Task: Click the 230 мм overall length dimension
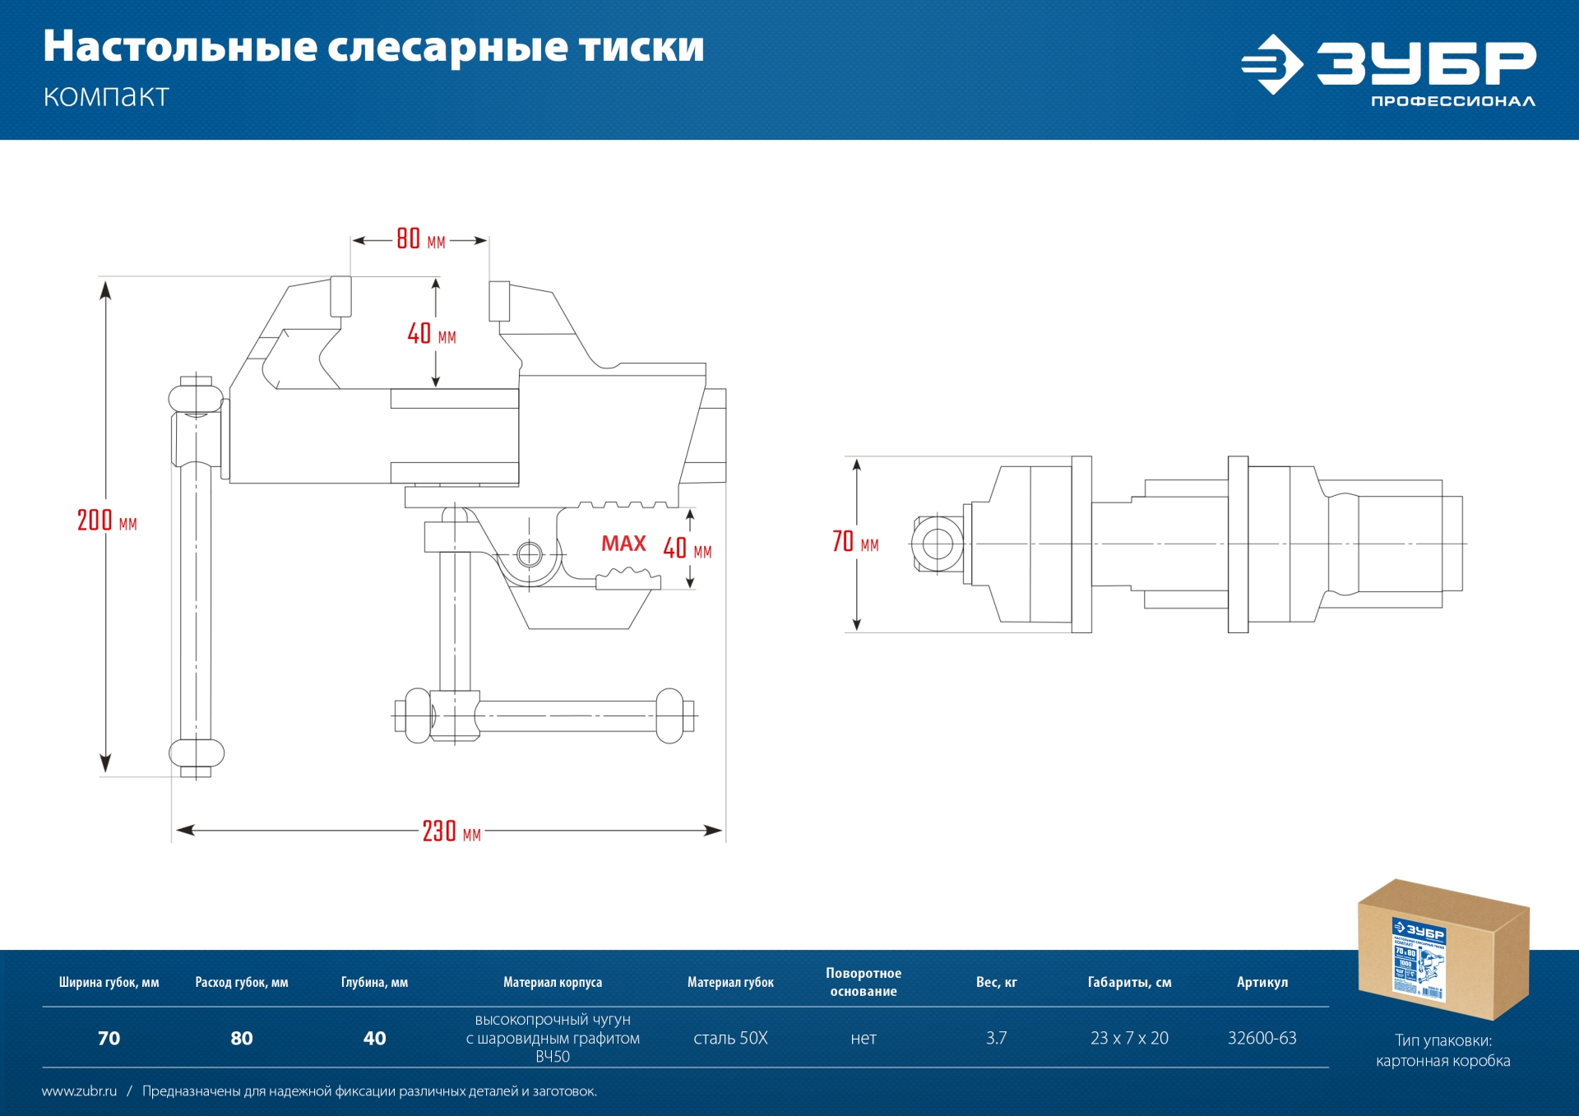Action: pyautogui.click(x=451, y=831)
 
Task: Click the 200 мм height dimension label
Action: pyautogui.click(x=106, y=521)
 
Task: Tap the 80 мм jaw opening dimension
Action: pyautogui.click(x=419, y=239)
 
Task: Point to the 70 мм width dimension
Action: pyautogui.click(x=854, y=542)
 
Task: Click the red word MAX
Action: pyautogui.click(x=623, y=544)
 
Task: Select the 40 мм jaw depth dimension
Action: pyautogui.click(x=431, y=334)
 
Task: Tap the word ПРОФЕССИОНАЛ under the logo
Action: pyautogui.click(x=1452, y=101)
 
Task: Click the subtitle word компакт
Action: pyautogui.click(x=106, y=96)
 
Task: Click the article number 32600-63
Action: pyautogui.click(x=1262, y=1038)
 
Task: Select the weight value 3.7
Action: pyautogui.click(x=996, y=1038)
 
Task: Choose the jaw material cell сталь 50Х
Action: pyautogui.click(x=730, y=1038)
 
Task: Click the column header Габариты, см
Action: pyautogui.click(x=1129, y=982)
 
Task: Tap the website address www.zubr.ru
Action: pyautogui.click(x=79, y=1091)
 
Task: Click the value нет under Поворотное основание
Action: pyautogui.click(x=863, y=1038)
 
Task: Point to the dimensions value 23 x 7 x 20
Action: pyautogui.click(x=1129, y=1038)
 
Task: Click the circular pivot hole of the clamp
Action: pyautogui.click(x=530, y=554)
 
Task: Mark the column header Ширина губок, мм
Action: pyautogui.click(x=109, y=982)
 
